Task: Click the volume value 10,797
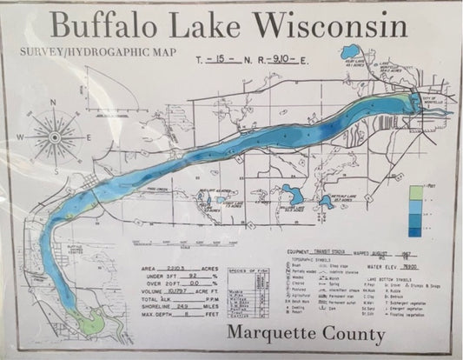[177, 292]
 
